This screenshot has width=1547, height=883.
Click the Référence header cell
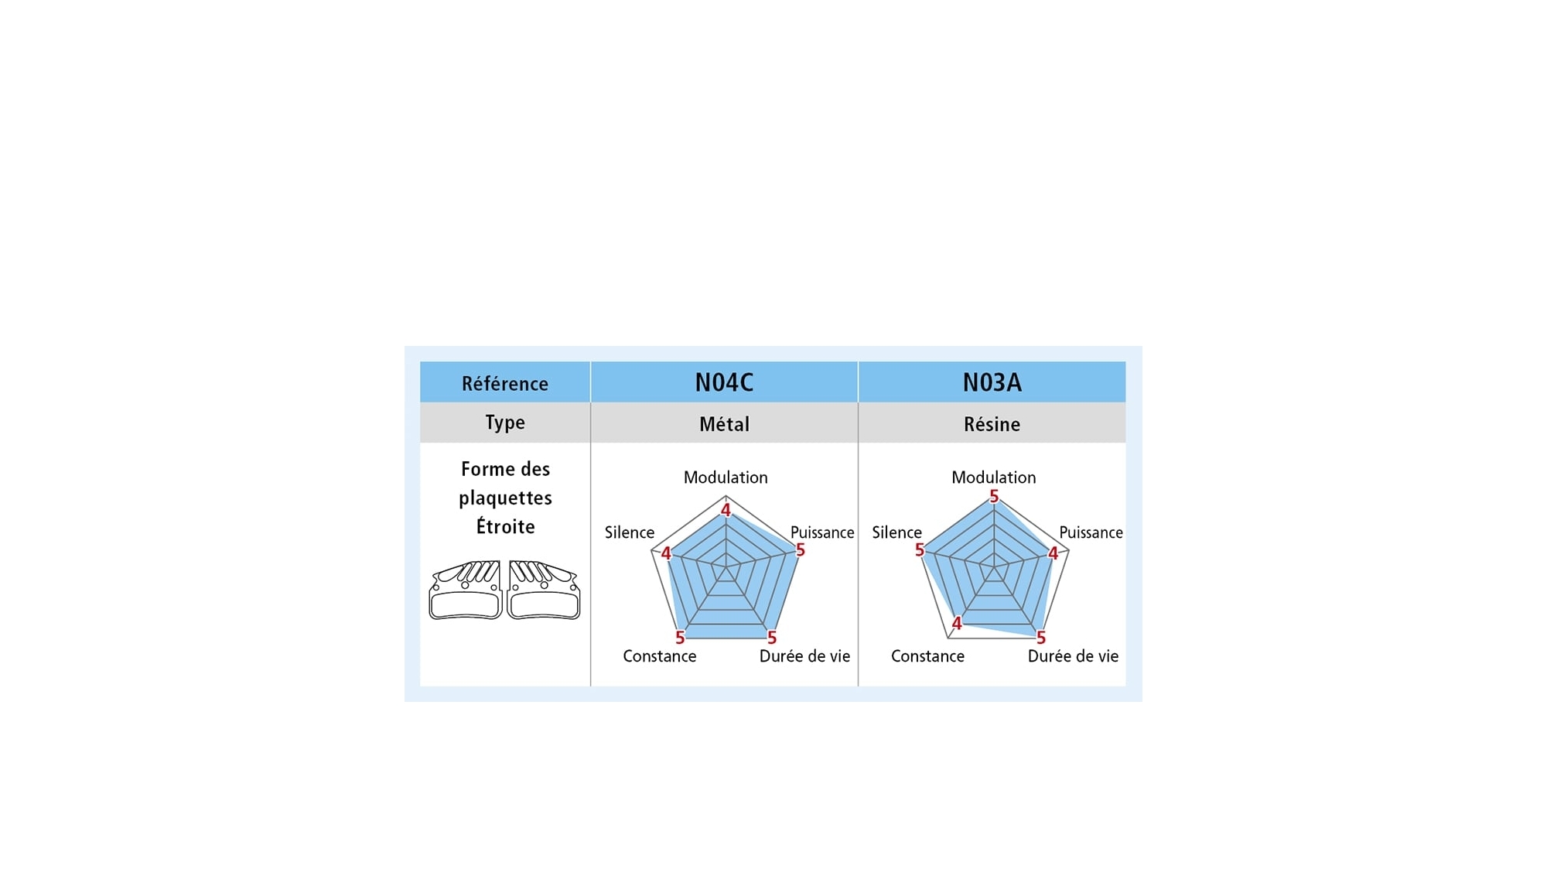[505, 383]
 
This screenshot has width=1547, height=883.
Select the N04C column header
[724, 382]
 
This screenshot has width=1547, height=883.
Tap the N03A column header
[992, 382]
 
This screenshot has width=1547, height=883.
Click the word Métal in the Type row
[724, 424]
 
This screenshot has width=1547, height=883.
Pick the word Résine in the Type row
[992, 424]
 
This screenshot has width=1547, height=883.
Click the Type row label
[505, 423]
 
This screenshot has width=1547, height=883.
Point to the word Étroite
[505, 526]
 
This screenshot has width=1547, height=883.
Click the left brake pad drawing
[466, 590]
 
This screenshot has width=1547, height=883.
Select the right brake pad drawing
[544, 590]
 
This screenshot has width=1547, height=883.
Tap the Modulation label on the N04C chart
[726, 477]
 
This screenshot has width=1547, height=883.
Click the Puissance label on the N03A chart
[1091, 532]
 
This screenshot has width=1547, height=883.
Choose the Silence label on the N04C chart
[630, 532]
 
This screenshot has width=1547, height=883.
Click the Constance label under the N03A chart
[927, 656]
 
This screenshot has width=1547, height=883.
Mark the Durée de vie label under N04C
[804, 656]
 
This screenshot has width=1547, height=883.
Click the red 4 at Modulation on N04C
[726, 510]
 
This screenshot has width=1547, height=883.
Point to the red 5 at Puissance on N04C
[801, 550]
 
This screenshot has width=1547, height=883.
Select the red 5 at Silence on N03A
[920, 550]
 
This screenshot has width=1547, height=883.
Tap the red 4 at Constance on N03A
[957, 623]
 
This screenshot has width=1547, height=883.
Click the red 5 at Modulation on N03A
[994, 496]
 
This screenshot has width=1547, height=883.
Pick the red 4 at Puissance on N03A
[1053, 553]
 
